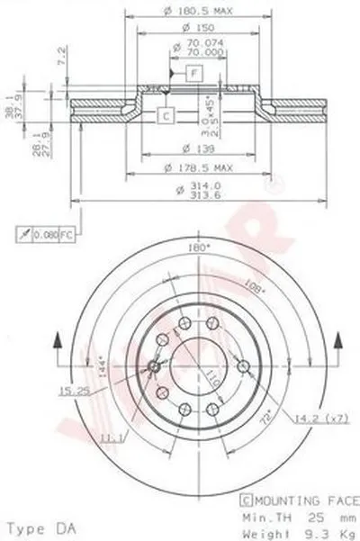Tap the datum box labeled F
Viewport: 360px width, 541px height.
tap(193, 70)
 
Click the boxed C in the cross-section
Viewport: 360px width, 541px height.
tap(166, 113)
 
